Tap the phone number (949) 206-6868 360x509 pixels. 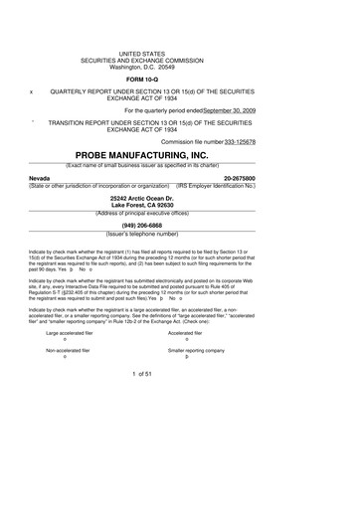pos(180,226)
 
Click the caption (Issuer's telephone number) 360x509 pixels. pos(180,234)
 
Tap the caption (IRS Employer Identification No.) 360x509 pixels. pos(294,185)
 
